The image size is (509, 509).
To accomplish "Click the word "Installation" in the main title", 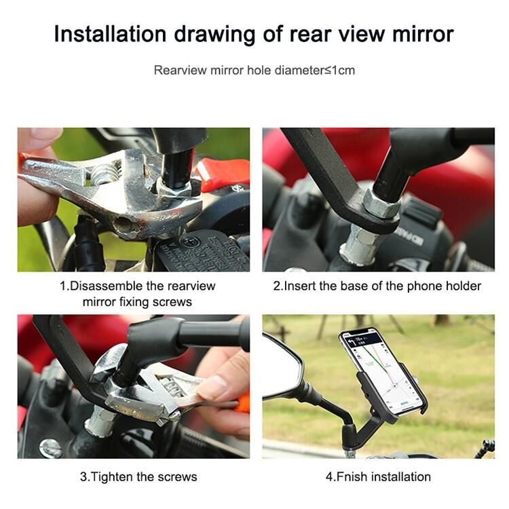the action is (111, 34).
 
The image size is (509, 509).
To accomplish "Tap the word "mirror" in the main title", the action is (423, 34).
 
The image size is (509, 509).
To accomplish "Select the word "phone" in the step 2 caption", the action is (424, 286).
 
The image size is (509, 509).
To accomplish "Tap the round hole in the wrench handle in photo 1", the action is (124, 224).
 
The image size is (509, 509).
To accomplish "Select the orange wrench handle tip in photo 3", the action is (244, 402).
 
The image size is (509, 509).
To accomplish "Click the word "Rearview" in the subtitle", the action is (180, 70).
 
